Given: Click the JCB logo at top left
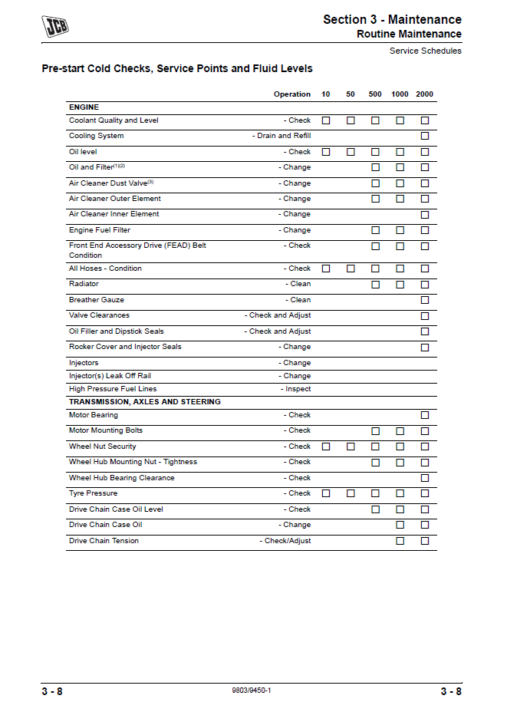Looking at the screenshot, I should (x=55, y=27).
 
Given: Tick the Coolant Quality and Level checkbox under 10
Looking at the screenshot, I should (x=326, y=120).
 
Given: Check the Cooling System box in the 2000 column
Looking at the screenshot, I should (x=424, y=136).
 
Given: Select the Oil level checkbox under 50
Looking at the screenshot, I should (x=351, y=152).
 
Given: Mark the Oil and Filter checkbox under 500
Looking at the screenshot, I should (x=375, y=167).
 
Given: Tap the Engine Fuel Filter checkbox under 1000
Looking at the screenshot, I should (x=400, y=230).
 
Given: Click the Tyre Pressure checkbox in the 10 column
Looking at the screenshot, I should (x=326, y=493).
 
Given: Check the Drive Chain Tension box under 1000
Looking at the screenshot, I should (x=400, y=541).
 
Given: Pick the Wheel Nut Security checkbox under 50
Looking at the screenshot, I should (x=351, y=447).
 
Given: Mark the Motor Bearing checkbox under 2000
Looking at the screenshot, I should (x=424, y=415).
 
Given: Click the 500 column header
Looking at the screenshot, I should (x=375, y=94).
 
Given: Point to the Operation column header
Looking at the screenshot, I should (x=292, y=94).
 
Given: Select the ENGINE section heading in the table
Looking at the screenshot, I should (x=84, y=107).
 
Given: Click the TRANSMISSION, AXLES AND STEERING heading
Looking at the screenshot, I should (x=145, y=402).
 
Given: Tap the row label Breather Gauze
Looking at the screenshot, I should (x=97, y=300).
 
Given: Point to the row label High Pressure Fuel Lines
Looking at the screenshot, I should (x=113, y=389).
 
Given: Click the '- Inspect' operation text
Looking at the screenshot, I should (x=295, y=389).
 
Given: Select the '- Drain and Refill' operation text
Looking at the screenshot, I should (x=281, y=136).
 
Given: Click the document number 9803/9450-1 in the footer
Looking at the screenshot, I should (x=251, y=690).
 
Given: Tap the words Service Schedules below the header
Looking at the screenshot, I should (x=426, y=51).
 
